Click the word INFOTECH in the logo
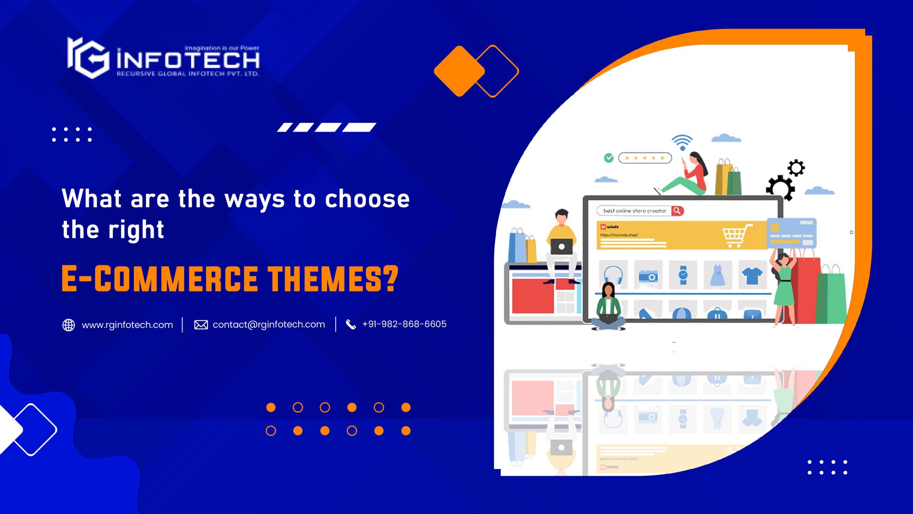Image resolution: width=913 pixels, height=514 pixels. click(x=188, y=60)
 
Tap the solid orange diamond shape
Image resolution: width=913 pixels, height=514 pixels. click(x=459, y=71)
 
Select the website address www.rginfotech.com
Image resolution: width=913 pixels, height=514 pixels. click(x=127, y=325)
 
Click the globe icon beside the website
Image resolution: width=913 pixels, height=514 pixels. click(x=68, y=325)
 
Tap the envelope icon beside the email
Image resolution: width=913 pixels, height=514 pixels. click(x=201, y=325)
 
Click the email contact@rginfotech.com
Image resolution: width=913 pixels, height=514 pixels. click(x=269, y=324)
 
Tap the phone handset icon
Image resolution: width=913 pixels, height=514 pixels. click(x=351, y=324)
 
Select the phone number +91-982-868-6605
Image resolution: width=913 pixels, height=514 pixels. click(x=404, y=324)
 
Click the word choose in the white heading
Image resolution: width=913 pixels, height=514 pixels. click(x=367, y=199)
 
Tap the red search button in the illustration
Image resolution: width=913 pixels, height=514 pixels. click(x=677, y=211)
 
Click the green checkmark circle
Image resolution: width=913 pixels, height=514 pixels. click(x=608, y=158)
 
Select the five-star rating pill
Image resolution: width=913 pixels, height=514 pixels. click(x=645, y=158)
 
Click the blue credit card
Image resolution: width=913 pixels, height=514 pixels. click(x=791, y=233)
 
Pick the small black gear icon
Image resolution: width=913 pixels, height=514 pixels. click(x=796, y=168)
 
